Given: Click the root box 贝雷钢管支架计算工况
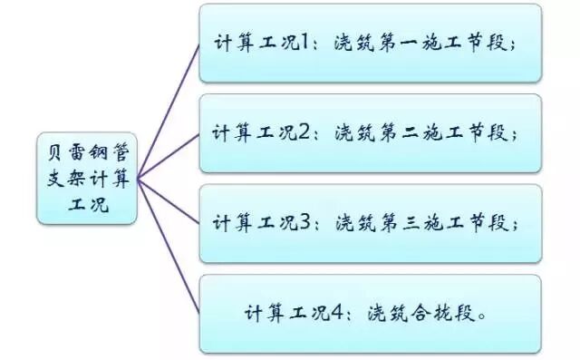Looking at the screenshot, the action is (87, 178).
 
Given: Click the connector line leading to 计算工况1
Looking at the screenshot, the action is (169, 109).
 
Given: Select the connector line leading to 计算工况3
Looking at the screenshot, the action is (169, 199).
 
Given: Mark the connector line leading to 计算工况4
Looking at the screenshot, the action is (169, 245).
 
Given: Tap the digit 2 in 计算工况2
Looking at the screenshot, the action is (307, 132).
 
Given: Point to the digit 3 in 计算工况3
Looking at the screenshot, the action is (307, 223).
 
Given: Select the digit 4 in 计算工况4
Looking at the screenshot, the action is (339, 314).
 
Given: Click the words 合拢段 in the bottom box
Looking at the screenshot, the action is (441, 314).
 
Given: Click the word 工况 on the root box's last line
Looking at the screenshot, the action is (87, 205).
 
